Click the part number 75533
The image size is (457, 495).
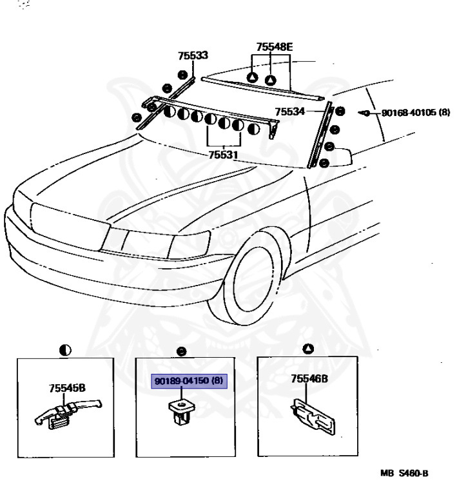(x=194, y=55)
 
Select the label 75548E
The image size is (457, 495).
(x=274, y=47)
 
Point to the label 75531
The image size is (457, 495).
(x=223, y=155)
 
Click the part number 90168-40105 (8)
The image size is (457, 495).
(x=415, y=112)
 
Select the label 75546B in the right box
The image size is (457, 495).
(x=309, y=380)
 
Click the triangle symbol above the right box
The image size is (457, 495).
(x=309, y=349)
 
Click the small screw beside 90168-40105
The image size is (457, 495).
(x=366, y=113)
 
